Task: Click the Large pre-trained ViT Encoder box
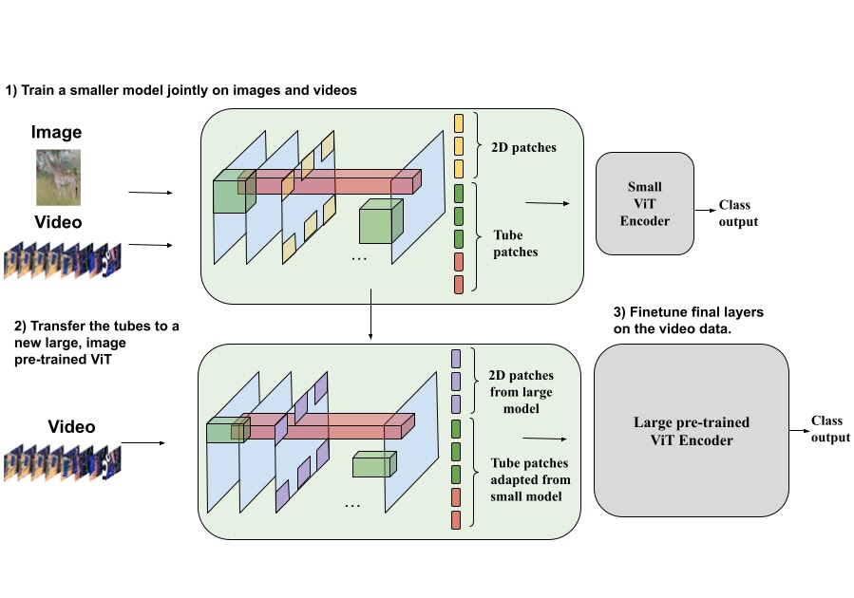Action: click(x=691, y=429)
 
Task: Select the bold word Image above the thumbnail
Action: click(x=57, y=133)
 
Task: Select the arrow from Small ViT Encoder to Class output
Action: click(x=704, y=212)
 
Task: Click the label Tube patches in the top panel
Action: click(x=516, y=244)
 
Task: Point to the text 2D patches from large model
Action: click(x=522, y=392)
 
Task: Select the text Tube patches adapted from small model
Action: click(x=530, y=479)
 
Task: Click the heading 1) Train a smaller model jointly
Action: click(x=180, y=90)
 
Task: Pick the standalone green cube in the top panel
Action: click(x=377, y=224)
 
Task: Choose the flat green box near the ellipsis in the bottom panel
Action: click(x=372, y=465)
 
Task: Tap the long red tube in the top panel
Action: click(x=332, y=183)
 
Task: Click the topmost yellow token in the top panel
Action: click(x=459, y=122)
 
